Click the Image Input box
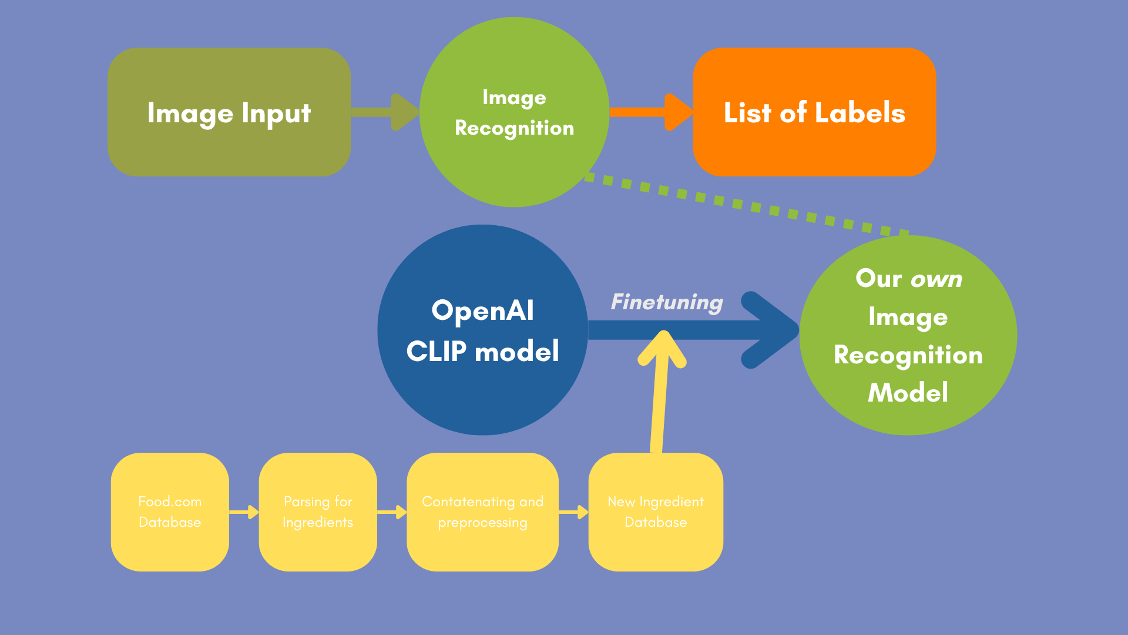click(229, 112)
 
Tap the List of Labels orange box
click(814, 112)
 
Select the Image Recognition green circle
click(514, 112)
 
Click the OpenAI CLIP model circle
click(482, 330)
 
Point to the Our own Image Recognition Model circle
click(908, 335)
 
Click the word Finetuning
click(667, 302)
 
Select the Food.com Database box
click(170, 512)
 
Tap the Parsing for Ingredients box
click(318, 512)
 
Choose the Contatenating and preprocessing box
click(482, 512)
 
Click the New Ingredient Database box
click(656, 512)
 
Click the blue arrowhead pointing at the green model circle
click(770, 330)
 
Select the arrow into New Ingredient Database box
click(573, 512)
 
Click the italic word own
click(936, 279)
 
